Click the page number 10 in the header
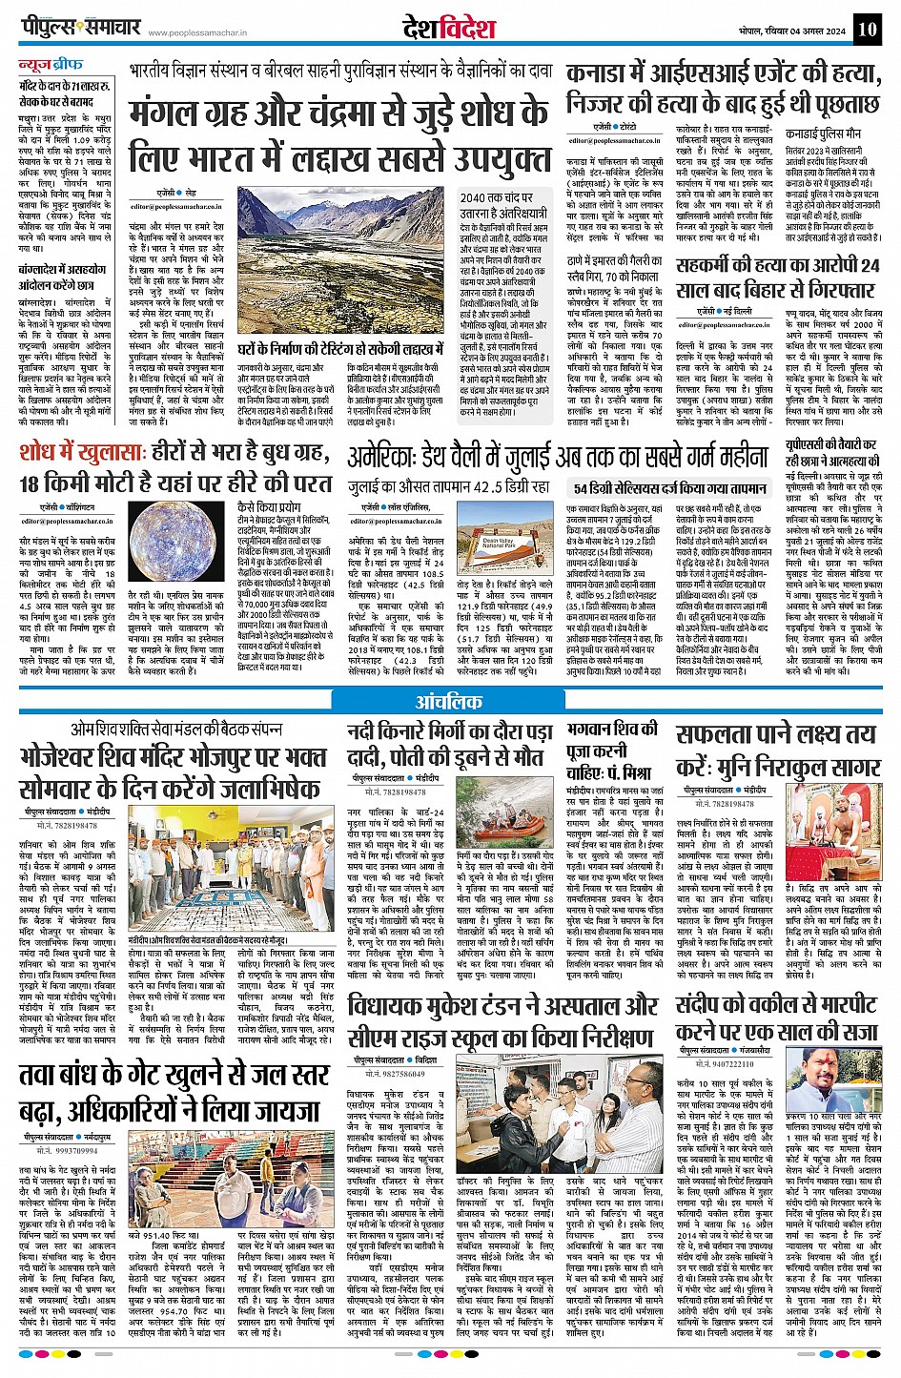pyautogui.click(x=866, y=29)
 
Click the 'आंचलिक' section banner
pyautogui.click(x=449, y=703)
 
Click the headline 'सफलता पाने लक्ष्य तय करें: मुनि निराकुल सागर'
pyautogui.click(x=776, y=750)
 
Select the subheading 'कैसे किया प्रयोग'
pyautogui.click(x=270, y=508)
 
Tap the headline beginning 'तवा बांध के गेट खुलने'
pyautogui.click(x=171, y=1093)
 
